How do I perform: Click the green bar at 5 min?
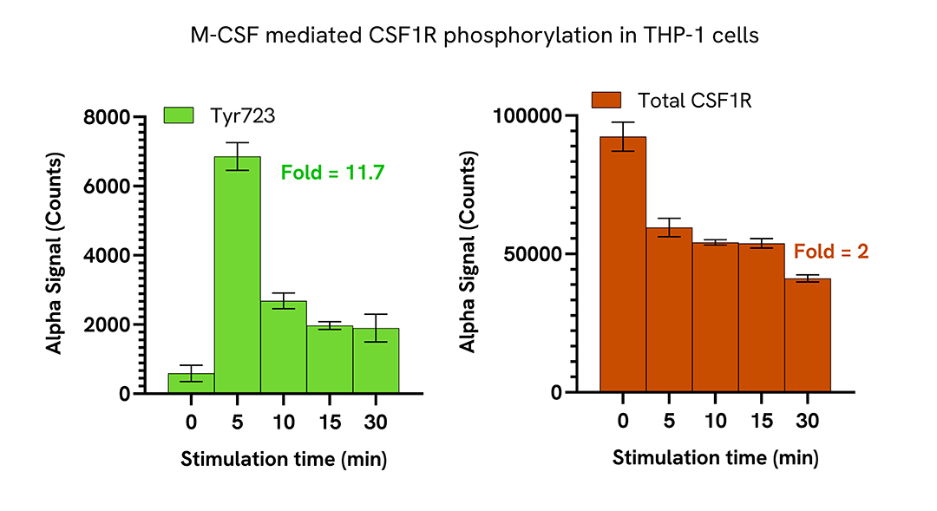point(237,278)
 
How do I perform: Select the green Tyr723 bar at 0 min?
point(191,383)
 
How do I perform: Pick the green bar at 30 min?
point(376,362)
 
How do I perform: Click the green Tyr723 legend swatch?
point(180,115)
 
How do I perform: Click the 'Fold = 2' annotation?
point(831,252)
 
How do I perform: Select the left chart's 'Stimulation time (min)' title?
point(284,459)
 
